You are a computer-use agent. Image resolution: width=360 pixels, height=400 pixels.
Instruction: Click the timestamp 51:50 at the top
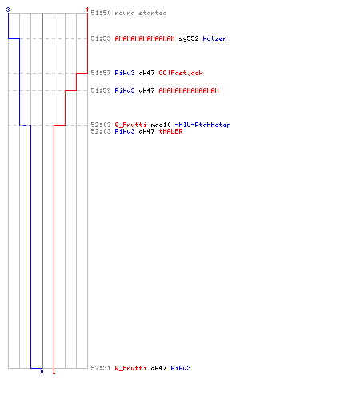click(x=101, y=13)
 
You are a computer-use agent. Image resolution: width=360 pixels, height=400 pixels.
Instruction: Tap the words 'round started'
click(x=141, y=13)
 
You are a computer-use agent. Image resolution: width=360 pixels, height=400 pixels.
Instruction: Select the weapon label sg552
click(x=189, y=38)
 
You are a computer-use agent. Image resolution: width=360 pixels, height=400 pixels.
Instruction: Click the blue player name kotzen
click(x=214, y=38)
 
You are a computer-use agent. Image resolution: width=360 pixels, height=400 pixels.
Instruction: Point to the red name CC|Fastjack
click(x=181, y=73)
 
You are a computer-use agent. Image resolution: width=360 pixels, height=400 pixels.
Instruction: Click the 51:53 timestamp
click(x=101, y=38)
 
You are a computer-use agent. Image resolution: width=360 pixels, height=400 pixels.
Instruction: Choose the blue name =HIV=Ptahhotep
click(x=202, y=125)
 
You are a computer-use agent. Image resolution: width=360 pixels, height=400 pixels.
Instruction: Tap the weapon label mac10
click(x=161, y=125)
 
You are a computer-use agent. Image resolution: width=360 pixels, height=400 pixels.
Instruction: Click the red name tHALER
click(x=170, y=131)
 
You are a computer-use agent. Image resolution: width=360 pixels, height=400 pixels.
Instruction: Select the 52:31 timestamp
click(x=101, y=368)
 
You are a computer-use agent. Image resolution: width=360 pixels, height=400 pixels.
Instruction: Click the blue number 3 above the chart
click(x=8, y=10)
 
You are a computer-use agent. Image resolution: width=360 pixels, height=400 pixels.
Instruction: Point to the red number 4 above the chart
click(x=87, y=10)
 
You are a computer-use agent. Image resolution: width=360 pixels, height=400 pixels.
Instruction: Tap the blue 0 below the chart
click(x=42, y=371)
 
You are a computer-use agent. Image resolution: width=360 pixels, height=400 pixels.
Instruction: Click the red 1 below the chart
click(x=54, y=371)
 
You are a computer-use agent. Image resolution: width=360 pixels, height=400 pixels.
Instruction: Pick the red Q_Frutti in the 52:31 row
click(x=130, y=368)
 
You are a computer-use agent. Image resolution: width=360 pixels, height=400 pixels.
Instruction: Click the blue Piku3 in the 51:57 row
click(x=125, y=73)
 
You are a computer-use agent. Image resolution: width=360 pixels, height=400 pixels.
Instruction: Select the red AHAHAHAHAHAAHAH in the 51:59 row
click(x=189, y=90)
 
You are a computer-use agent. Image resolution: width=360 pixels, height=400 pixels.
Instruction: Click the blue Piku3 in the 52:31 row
click(x=181, y=368)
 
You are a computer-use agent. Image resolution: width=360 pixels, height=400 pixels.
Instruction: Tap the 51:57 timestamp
click(x=101, y=73)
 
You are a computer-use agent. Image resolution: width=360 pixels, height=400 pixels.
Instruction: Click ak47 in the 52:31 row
click(x=158, y=368)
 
